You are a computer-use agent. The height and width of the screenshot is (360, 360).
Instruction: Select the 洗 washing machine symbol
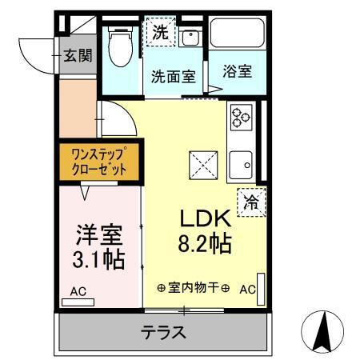tap(161, 34)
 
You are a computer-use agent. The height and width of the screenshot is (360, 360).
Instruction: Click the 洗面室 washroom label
tap(174, 77)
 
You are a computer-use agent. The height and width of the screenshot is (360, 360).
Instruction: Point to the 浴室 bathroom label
tap(237, 70)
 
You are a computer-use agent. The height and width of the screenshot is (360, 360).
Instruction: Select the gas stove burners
tap(241, 118)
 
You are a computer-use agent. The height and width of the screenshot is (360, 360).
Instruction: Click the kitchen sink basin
tap(240, 164)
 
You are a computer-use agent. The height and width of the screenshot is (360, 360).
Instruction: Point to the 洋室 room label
tap(98, 235)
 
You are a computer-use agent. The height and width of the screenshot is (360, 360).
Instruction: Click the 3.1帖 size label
tap(98, 260)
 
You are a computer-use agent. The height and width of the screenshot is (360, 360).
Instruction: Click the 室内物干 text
tap(193, 288)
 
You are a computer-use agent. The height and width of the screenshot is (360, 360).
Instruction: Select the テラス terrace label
tap(164, 331)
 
